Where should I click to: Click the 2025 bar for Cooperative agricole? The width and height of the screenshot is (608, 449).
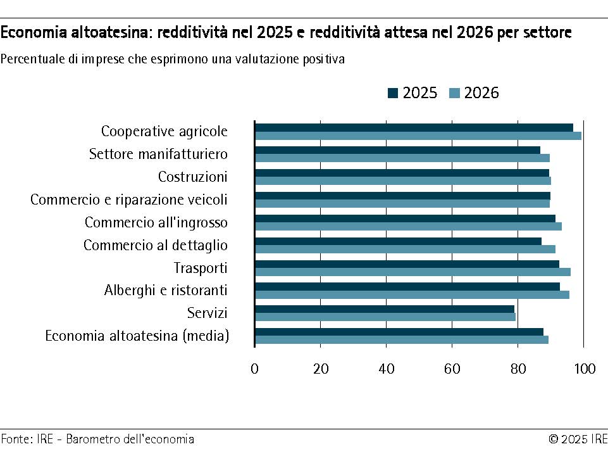coord(414,127)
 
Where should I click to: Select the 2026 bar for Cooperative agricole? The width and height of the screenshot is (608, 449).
coord(418,136)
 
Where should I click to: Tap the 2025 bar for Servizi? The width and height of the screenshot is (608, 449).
coord(384,309)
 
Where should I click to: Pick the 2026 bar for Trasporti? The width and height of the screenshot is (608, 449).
coord(413,272)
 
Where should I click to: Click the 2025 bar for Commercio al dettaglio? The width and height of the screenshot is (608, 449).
coord(398,241)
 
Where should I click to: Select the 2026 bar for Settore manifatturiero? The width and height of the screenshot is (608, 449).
coord(402,158)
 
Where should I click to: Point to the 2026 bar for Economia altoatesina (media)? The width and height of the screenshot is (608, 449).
coord(401,339)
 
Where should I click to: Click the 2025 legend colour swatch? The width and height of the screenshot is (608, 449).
coord(393,94)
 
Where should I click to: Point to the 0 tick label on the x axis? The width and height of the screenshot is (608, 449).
coord(254,369)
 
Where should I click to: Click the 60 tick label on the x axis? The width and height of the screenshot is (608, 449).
coord(452,369)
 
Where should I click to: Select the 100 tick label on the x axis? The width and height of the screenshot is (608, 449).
coord(583,369)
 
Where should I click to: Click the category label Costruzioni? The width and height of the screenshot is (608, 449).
coord(192,177)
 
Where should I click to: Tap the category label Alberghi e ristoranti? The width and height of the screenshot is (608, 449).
coord(166,291)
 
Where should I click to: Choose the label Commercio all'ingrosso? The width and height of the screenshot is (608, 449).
coord(156,222)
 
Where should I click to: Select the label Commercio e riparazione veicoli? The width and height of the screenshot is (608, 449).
coord(128,199)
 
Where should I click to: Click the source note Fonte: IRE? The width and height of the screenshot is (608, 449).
coord(27,439)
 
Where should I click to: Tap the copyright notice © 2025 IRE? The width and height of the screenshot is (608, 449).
coord(578,439)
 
